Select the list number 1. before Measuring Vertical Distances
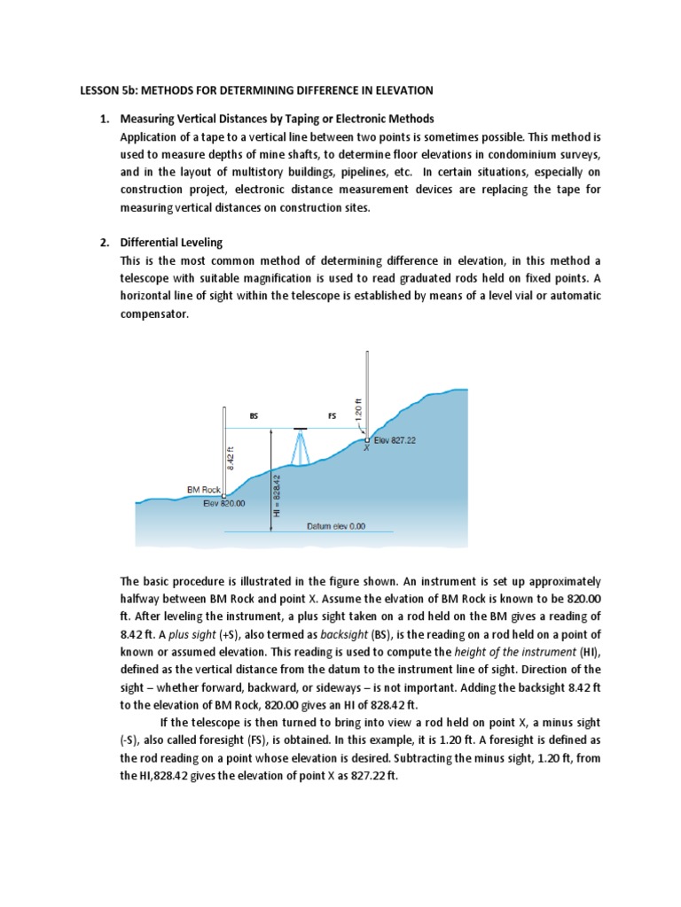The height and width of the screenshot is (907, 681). click(104, 119)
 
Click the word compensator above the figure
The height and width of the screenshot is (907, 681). click(154, 314)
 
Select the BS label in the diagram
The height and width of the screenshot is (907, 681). click(254, 415)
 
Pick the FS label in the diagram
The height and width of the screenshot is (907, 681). click(333, 415)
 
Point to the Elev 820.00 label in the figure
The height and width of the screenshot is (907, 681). click(223, 503)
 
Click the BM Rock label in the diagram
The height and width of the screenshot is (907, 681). click(203, 489)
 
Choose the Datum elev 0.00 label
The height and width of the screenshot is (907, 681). click(335, 525)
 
